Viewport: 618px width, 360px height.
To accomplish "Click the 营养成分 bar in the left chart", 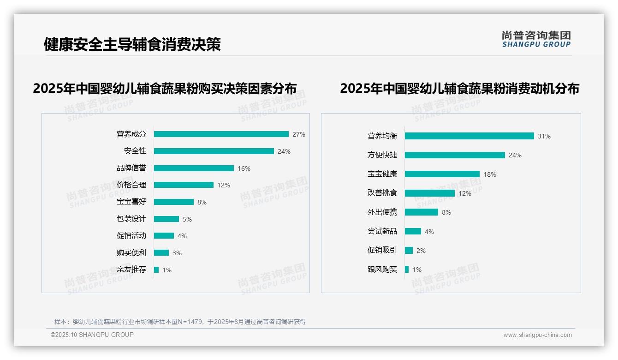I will point(221,134).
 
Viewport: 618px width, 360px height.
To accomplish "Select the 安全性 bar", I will point(214,151).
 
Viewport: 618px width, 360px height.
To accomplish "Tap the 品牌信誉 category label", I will point(131,168).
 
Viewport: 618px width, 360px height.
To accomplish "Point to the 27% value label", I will point(299,135).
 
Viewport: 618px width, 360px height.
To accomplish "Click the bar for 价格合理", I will point(184,185).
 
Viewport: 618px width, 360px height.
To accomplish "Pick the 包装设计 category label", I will point(131,219).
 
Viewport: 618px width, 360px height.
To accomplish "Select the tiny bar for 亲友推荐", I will point(156,270).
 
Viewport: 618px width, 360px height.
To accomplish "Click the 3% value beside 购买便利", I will point(177,253).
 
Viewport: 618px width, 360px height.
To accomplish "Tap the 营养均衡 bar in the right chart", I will point(469,136).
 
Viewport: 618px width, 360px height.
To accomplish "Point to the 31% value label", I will point(544,137).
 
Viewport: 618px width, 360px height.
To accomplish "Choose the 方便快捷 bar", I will point(455,155).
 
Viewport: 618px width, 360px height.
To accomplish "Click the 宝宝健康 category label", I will point(382,174).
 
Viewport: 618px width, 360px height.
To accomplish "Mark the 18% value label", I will point(490,174).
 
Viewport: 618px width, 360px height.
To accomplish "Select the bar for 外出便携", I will point(422,212).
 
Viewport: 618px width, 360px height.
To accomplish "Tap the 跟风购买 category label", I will point(382,269).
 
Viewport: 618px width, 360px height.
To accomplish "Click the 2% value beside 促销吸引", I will point(421,251).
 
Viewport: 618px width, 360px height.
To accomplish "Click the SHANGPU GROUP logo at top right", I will point(536,39).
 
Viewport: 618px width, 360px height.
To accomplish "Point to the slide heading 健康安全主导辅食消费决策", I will point(132,44).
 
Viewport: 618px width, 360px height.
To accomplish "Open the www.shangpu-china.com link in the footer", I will point(537,335).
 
